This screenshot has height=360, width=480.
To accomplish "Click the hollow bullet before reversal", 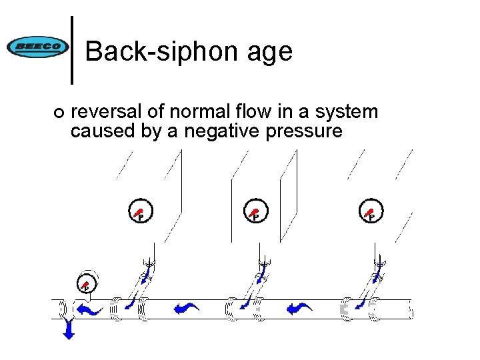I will click(x=59, y=113).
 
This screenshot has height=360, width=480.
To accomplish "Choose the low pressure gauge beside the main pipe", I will click(x=87, y=285).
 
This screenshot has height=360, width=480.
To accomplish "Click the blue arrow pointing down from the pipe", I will click(x=67, y=329).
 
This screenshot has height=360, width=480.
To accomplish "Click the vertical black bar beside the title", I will click(x=73, y=51).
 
